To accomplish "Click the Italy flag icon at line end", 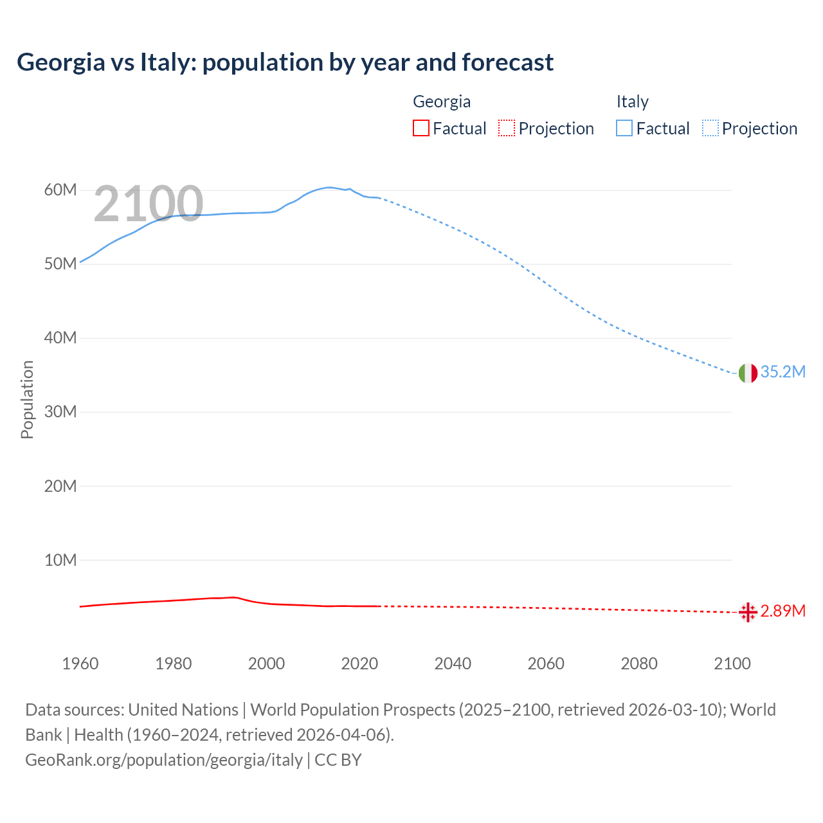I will pos(748,373).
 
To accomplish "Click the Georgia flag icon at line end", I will pos(748,612).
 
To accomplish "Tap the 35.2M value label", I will pos(782,372).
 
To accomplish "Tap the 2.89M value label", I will pos(782,611).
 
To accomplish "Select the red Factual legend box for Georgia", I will pos(421,129).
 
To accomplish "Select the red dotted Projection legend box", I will pos(507,129).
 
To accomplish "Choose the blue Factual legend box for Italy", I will pos(624,129).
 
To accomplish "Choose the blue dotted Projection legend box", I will pos(710,129).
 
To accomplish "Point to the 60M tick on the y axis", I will pos(60,190).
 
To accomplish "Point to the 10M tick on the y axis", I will pos(60,561).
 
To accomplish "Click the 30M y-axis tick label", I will pos(60,412).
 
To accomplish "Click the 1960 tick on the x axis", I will pos(80,664).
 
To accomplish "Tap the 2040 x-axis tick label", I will pos(453,664).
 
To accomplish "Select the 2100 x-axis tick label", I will pos(732,664).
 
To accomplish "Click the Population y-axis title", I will pos(27,399).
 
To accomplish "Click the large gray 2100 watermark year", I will pos(149,204).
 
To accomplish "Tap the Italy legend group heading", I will pos(633,102).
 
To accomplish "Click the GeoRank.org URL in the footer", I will pos(164,760).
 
